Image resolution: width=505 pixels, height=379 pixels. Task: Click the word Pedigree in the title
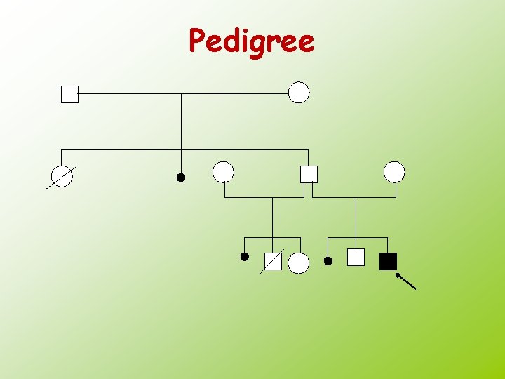252,41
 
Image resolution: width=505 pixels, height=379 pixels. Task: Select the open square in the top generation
69,94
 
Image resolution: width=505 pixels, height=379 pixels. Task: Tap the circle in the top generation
299,93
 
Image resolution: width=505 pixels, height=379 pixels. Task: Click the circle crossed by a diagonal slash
62,177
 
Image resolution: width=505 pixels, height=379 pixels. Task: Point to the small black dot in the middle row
180,178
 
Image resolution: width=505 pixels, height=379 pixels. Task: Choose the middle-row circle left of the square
223,172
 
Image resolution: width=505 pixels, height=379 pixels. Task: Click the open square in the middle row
309,174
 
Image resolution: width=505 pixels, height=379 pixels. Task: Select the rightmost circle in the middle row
394,172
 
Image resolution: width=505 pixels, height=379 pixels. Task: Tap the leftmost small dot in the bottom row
244,257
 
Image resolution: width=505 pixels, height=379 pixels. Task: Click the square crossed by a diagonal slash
273,262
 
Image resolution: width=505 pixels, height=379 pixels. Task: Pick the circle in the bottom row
299,263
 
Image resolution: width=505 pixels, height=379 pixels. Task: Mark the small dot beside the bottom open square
328,261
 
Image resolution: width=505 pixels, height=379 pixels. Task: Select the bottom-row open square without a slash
356,258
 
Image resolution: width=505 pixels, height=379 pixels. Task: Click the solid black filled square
388,261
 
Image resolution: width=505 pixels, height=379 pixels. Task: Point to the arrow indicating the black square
405,281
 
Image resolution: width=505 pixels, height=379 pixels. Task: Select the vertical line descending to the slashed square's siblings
272,218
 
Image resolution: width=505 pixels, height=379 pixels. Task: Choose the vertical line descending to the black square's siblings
356,218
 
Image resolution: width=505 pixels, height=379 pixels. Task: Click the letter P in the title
198,41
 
